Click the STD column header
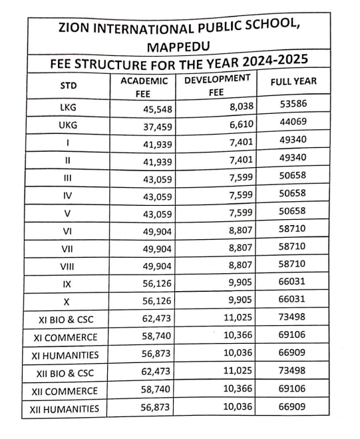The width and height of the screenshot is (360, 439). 69,86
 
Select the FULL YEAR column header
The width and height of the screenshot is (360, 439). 293,82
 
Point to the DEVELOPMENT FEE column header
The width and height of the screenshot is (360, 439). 217,85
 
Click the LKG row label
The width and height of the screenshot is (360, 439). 68,106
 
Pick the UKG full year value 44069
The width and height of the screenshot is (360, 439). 293,123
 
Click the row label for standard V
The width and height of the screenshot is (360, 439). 68,213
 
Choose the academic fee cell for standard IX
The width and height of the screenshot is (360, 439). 158,283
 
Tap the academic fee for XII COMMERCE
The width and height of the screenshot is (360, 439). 158,390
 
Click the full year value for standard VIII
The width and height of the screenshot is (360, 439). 293,264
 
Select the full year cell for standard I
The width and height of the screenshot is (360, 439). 293,141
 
